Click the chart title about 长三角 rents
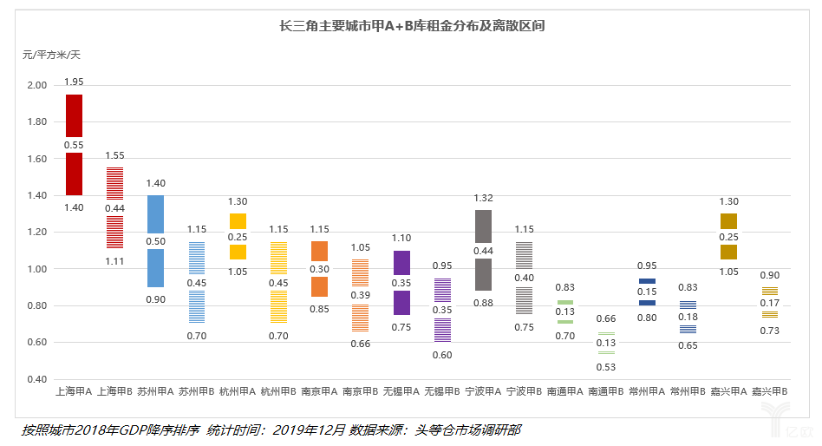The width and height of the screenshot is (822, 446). [x=412, y=26]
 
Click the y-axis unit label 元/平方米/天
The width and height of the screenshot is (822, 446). [x=51, y=55]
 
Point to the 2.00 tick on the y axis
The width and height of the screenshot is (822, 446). [x=37, y=85]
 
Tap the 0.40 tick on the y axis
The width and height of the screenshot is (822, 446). [x=37, y=379]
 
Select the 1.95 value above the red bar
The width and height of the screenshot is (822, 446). [x=74, y=82]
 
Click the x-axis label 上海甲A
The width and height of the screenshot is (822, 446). [x=74, y=391]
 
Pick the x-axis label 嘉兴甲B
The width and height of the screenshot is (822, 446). [x=769, y=391]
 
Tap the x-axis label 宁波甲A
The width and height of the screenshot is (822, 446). [x=482, y=391]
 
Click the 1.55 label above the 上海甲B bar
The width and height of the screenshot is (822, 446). [x=114, y=155]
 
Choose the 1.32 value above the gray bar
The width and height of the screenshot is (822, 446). [x=483, y=198]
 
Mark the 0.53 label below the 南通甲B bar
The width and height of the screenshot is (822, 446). [x=606, y=366]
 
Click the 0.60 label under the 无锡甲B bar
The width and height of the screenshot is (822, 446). [x=442, y=355]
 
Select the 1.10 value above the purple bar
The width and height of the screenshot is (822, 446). [x=401, y=238]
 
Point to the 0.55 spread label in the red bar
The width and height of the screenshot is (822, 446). [x=74, y=145]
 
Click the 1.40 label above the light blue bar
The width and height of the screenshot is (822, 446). [x=155, y=183]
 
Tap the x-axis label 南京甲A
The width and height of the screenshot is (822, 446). [x=319, y=391]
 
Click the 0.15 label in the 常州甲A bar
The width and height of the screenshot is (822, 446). [x=647, y=292]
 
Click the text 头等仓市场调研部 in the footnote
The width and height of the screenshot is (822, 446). [x=467, y=430]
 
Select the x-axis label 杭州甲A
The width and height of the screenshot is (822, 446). [x=238, y=391]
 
